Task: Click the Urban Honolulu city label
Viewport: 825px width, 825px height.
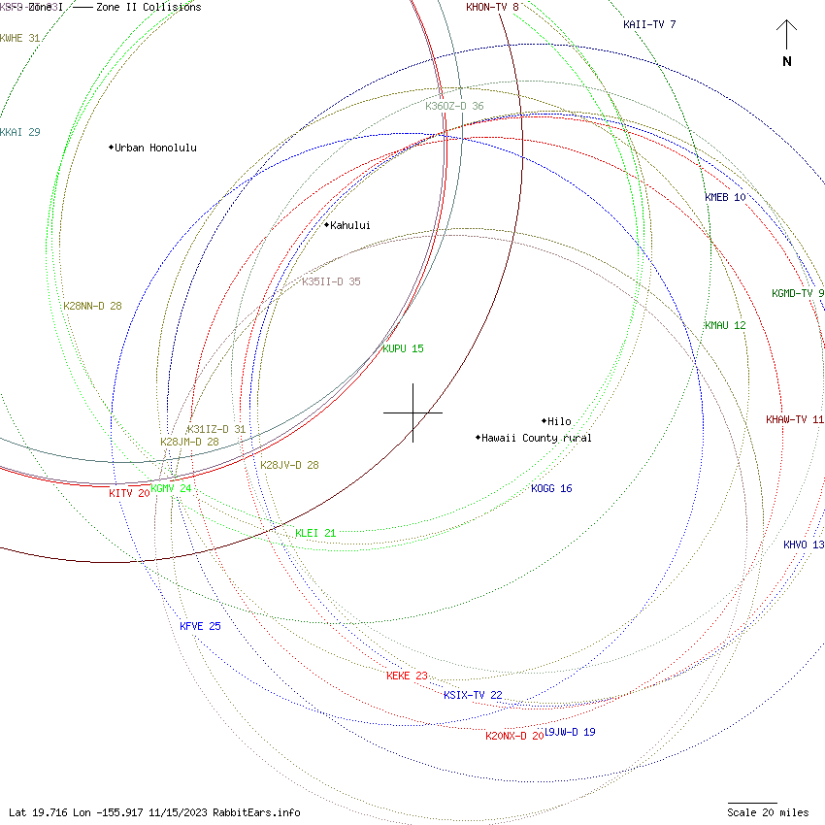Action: pyautogui.click(x=155, y=148)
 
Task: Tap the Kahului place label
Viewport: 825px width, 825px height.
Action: pyautogui.click(x=349, y=225)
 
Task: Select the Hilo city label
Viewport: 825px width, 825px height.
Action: pyautogui.click(x=559, y=421)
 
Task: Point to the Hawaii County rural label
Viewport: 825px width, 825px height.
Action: pyautogui.click(x=537, y=438)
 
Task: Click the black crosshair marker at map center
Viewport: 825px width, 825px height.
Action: pyautogui.click(x=412, y=412)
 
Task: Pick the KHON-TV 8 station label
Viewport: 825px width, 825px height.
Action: pyautogui.click(x=492, y=8)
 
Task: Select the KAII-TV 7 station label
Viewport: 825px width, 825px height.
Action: pyautogui.click(x=649, y=24)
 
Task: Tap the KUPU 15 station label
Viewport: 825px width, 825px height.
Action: pyautogui.click(x=403, y=348)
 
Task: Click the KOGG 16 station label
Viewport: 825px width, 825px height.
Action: pyautogui.click(x=551, y=488)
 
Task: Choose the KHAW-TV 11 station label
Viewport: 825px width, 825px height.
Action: pyautogui.click(x=794, y=419)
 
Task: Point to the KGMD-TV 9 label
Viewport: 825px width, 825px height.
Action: pyautogui.click(x=798, y=293)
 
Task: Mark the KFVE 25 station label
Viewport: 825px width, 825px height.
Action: pyautogui.click(x=200, y=626)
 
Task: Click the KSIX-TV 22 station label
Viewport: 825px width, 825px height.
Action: pyautogui.click(x=473, y=695)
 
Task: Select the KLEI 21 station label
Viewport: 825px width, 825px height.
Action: pyautogui.click(x=315, y=533)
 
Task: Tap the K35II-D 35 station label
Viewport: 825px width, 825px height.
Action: pyautogui.click(x=331, y=281)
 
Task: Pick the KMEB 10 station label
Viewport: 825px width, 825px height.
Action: pyautogui.click(x=725, y=197)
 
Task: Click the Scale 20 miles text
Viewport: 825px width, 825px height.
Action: pyautogui.click(x=769, y=812)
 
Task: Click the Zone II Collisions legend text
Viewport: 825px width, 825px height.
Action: pyautogui.click(x=148, y=8)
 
